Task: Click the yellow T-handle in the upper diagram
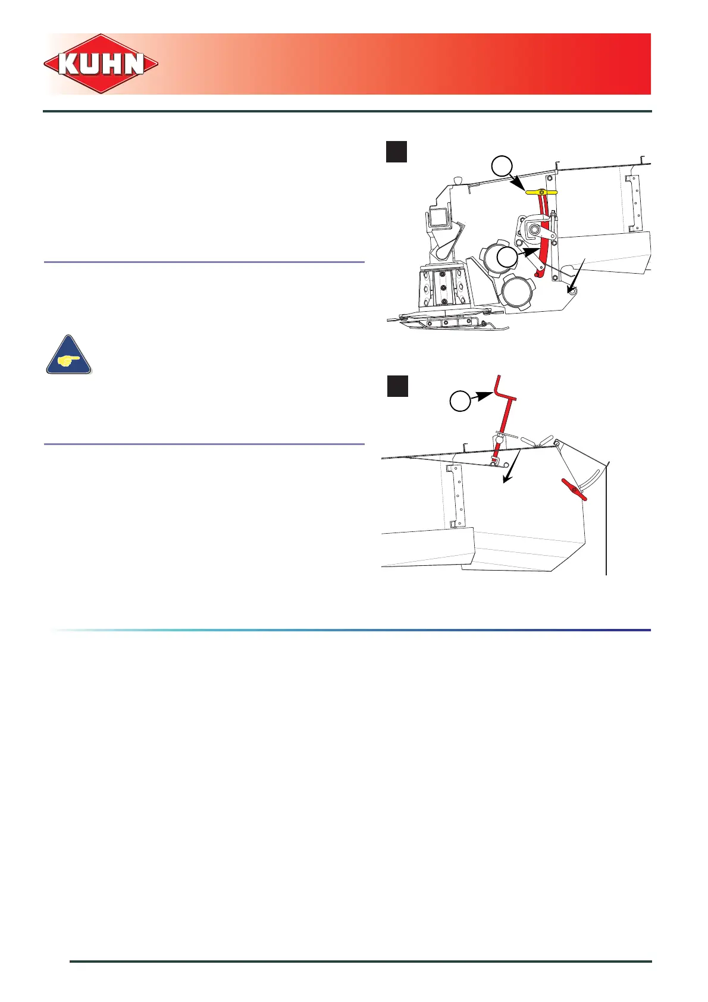click(x=541, y=192)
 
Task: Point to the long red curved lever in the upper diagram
click(x=543, y=238)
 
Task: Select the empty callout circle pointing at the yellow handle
click(x=503, y=166)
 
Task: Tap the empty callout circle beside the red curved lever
click(x=507, y=257)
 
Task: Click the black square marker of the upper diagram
click(x=396, y=152)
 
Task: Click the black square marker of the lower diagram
click(x=397, y=386)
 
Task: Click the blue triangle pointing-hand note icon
click(x=69, y=356)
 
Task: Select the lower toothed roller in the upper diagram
click(x=518, y=292)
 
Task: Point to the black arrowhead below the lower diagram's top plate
click(x=506, y=479)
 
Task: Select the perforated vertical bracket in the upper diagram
click(x=634, y=202)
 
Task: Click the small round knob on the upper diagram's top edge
click(x=457, y=180)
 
